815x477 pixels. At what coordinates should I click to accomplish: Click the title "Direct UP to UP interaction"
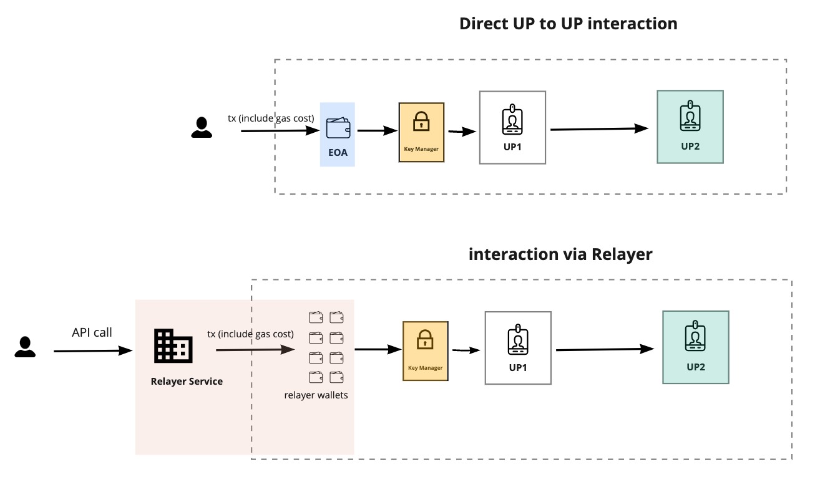(x=568, y=24)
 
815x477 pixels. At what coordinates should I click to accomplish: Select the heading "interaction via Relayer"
(x=560, y=254)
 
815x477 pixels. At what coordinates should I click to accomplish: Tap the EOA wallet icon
(x=338, y=128)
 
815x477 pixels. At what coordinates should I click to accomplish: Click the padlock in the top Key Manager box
(x=421, y=121)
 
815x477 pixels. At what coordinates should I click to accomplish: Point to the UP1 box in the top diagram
(x=512, y=128)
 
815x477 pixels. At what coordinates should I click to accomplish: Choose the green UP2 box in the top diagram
(x=690, y=127)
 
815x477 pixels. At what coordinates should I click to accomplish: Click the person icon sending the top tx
(x=201, y=127)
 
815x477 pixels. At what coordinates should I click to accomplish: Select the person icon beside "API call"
(x=25, y=347)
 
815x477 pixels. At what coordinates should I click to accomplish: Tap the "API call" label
(x=92, y=332)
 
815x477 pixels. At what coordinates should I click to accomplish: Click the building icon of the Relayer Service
(x=173, y=346)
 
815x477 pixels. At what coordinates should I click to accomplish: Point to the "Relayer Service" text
(x=187, y=381)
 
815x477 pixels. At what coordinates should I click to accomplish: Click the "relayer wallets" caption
(x=316, y=395)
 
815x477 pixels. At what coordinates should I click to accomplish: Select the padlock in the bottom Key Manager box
(x=425, y=340)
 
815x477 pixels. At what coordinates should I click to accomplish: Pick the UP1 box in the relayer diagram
(x=518, y=348)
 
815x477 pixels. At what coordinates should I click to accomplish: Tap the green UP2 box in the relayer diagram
(x=695, y=347)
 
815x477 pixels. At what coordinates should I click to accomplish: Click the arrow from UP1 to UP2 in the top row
(x=599, y=129)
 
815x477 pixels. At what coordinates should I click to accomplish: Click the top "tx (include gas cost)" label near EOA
(x=270, y=117)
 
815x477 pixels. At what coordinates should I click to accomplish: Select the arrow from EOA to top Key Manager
(x=377, y=131)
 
